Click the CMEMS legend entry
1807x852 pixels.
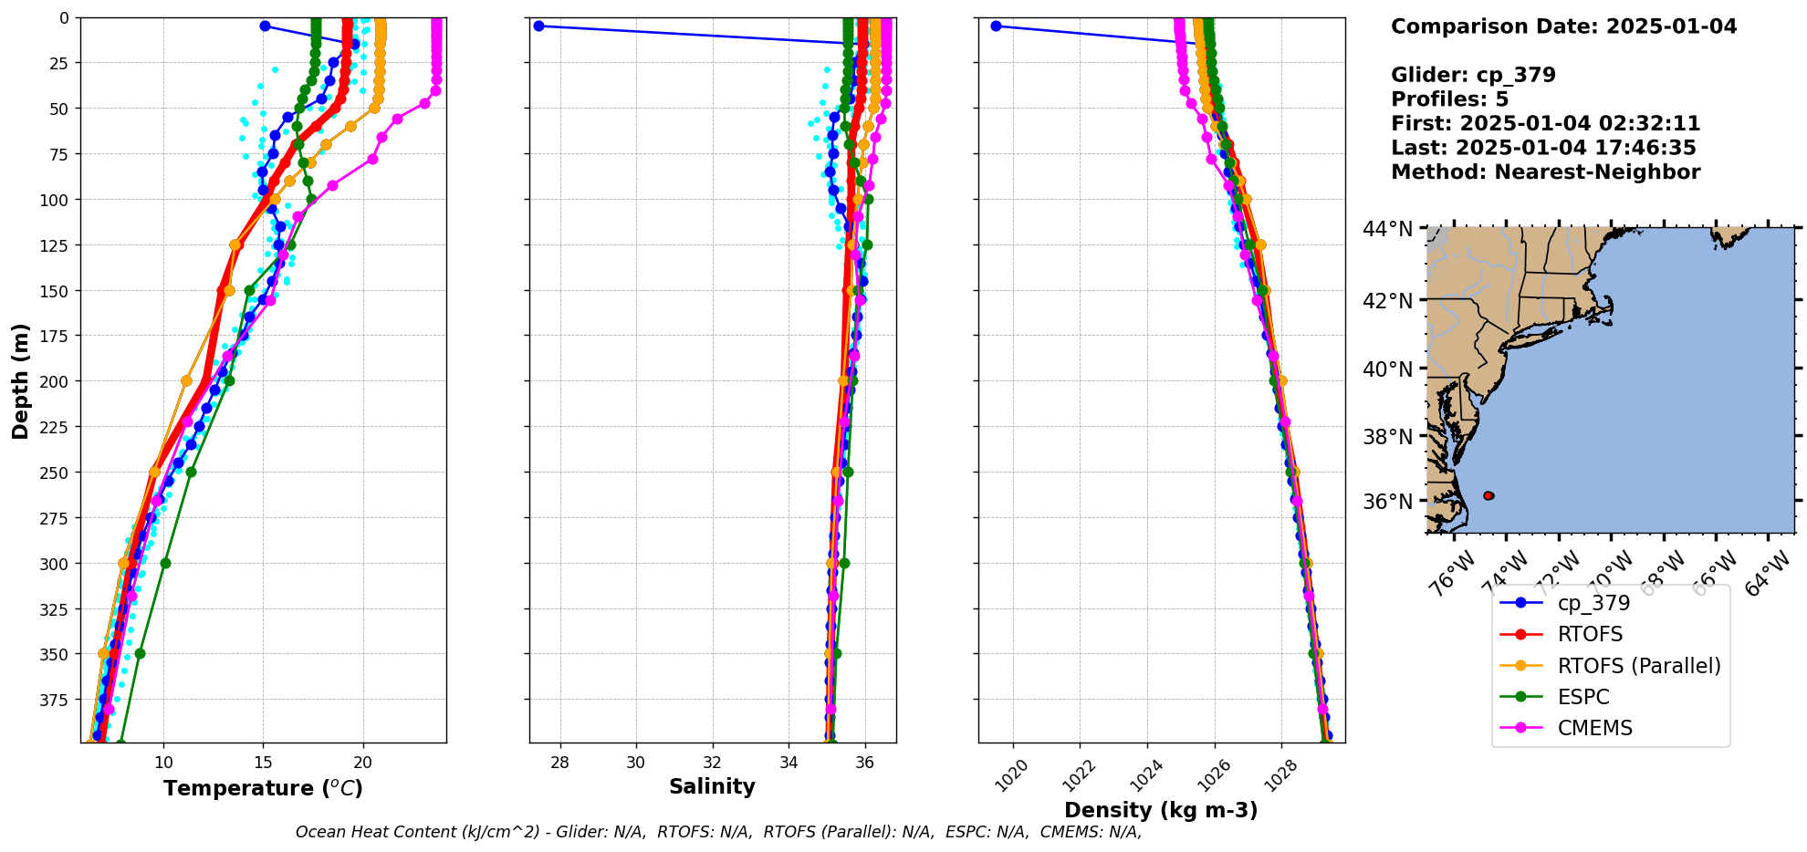(x=1594, y=728)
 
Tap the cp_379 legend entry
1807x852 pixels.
(x=1593, y=603)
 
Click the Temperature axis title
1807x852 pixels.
(x=263, y=788)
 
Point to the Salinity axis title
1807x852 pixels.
(x=712, y=786)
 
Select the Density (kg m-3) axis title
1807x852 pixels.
(x=1161, y=810)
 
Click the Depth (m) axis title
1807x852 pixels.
(x=20, y=380)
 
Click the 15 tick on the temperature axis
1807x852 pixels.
(x=263, y=763)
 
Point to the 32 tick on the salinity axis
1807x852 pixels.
(x=713, y=763)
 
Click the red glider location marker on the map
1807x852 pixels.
(x=1488, y=495)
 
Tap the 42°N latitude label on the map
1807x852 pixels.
(x=1387, y=301)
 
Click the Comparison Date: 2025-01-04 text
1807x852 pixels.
(x=1563, y=26)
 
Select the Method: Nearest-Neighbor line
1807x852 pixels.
(x=1545, y=172)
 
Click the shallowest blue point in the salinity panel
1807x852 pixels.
(x=538, y=26)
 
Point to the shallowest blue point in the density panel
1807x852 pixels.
(x=996, y=26)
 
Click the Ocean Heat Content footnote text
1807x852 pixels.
(x=718, y=832)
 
